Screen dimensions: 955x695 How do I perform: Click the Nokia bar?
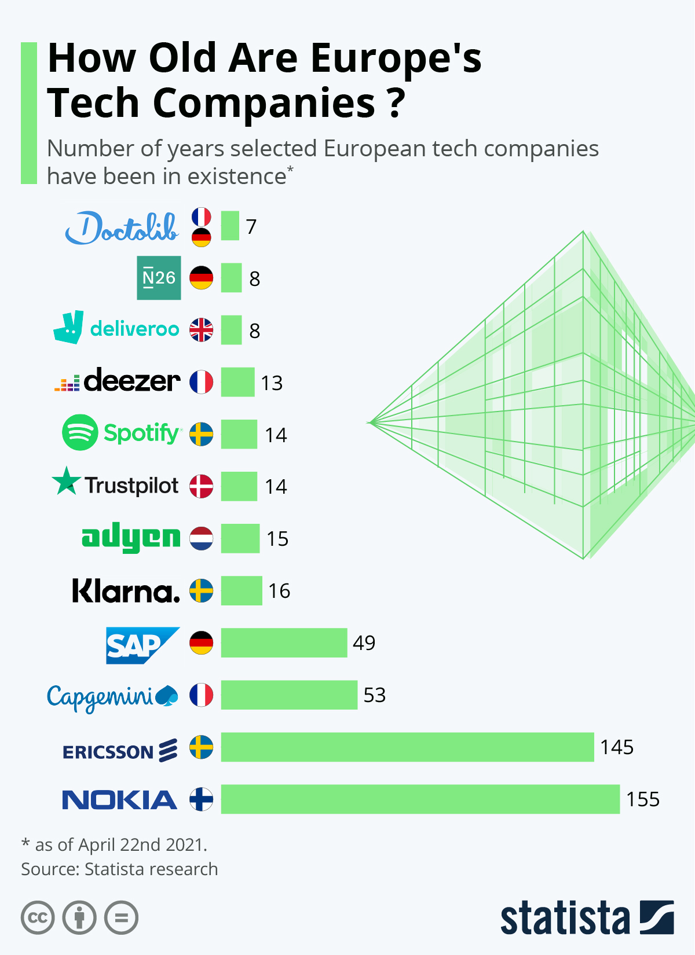point(420,799)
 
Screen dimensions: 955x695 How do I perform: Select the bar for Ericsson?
point(407,747)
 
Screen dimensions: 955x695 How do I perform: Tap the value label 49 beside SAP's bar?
point(364,643)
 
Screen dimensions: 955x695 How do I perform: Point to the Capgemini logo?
point(112,696)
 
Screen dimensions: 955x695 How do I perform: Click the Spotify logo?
point(122,433)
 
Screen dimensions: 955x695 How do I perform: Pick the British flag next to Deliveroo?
point(202,330)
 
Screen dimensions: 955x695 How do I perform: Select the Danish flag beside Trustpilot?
point(202,486)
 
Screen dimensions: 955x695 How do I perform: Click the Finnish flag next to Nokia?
point(202,799)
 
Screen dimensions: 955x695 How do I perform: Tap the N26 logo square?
point(159,278)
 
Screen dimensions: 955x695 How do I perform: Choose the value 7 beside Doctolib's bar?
point(251,227)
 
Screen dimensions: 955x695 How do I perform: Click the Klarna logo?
point(126,591)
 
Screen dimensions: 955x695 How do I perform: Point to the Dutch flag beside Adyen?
point(202,538)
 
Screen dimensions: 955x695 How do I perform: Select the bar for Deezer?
point(237,382)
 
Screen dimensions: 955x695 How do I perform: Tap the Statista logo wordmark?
point(565,918)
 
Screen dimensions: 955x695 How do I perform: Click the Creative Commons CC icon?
point(38,918)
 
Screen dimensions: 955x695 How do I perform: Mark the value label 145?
point(617,747)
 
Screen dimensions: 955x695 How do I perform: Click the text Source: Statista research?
point(119,869)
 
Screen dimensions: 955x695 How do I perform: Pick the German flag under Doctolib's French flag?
point(202,237)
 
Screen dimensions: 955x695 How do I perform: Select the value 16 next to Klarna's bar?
point(279,591)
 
